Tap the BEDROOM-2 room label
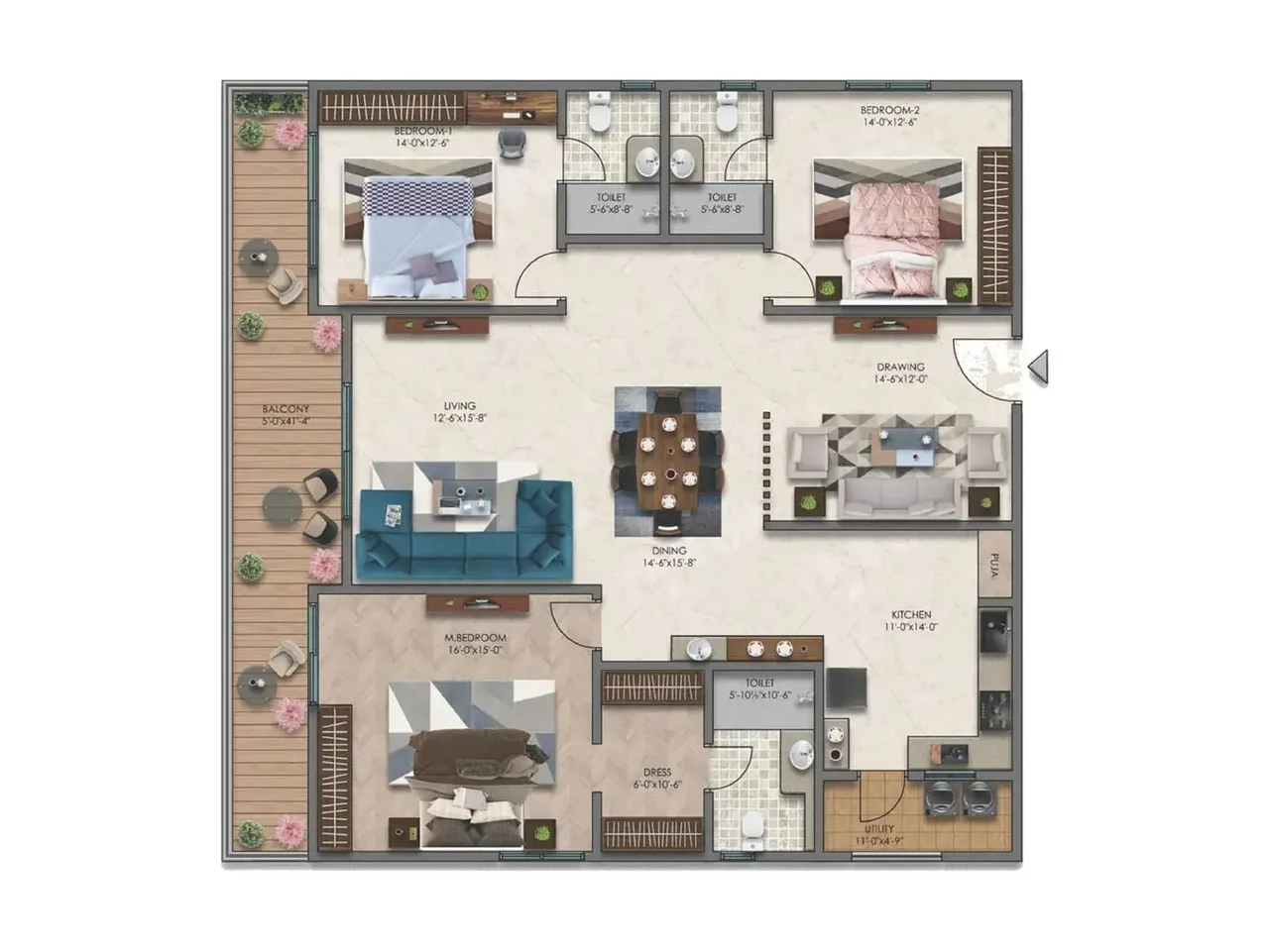pyautogui.click(x=888, y=110)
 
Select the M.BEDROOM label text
pyautogui.click(x=475, y=638)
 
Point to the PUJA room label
pyautogui.click(x=993, y=566)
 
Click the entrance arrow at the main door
pyautogui.click(x=1037, y=368)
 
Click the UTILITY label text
pyautogui.click(x=878, y=829)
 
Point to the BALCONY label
pyautogui.click(x=286, y=409)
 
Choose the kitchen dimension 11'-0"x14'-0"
pyautogui.click(x=910, y=627)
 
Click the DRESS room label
pyautogui.click(x=656, y=773)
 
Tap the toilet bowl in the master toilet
pyautogui.click(x=753, y=824)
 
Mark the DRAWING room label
pyautogui.click(x=900, y=368)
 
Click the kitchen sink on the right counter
pyautogui.click(x=995, y=630)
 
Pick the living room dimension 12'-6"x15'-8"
pyautogui.click(x=459, y=418)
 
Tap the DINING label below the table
pyautogui.click(x=669, y=551)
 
